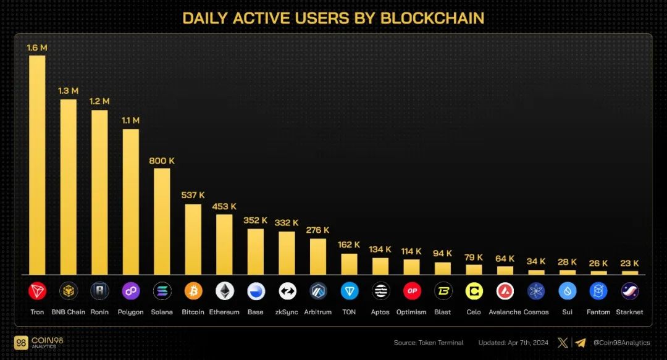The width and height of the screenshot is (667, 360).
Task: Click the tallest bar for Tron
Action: pos(37,165)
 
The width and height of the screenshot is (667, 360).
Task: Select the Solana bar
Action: pos(162,221)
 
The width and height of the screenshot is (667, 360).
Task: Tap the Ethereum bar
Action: pos(224,245)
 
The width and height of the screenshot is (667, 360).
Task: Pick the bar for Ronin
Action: pos(99,192)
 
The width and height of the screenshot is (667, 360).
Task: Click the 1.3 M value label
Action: pos(68,91)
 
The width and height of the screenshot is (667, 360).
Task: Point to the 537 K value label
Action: pos(193,195)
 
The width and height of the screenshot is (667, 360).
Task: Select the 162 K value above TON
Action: pos(349,245)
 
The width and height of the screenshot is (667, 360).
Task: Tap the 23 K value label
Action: pos(629,264)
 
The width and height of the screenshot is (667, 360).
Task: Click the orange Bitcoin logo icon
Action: pos(193,291)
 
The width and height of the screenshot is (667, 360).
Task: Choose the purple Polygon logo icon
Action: pos(130,291)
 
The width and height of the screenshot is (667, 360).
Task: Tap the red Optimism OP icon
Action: pos(411,291)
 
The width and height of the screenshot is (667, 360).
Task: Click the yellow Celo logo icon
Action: pos(474,291)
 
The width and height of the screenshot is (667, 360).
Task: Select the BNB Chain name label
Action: pos(68,312)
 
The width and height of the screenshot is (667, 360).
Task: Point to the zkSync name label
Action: pos(287,312)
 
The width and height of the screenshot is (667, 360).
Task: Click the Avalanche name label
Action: pos(505,312)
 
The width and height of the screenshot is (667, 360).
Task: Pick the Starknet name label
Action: pos(629,312)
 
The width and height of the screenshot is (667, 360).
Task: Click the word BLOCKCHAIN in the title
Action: pos(432,19)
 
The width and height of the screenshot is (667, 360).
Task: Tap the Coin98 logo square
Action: pos(21,343)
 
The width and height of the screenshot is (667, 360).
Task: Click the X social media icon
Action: pos(563,343)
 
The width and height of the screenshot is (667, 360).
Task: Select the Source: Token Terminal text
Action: pos(429,343)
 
